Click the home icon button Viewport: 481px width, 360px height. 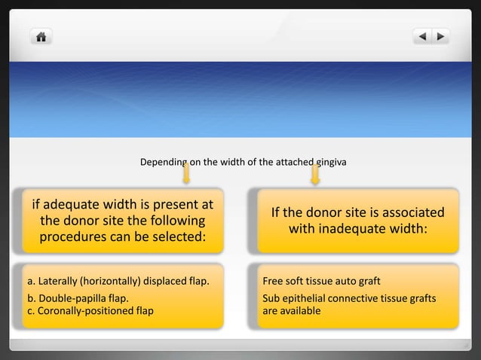[41, 36]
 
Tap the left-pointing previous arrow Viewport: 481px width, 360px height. [422, 36]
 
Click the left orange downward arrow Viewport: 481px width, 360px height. [185, 175]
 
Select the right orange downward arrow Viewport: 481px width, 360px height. [315, 175]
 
